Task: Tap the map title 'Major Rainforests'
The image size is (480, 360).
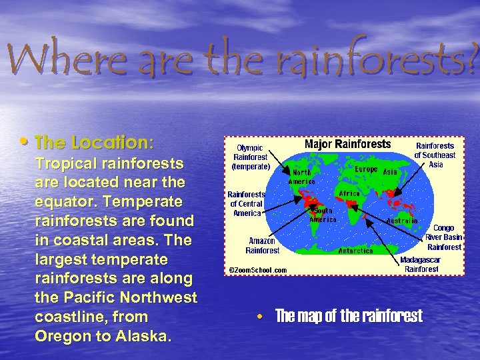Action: point(347,145)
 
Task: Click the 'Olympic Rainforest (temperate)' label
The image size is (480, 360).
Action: point(251,157)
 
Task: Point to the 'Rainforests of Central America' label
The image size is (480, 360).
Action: point(246,203)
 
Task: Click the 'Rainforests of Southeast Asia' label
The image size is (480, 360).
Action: point(435,155)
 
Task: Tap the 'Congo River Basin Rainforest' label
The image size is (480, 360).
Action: point(443,237)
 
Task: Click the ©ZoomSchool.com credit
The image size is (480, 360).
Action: point(258,270)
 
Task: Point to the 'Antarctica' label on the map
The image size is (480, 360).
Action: point(355,251)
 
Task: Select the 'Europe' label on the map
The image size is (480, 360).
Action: point(366,170)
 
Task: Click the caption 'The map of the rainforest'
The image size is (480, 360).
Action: point(348,316)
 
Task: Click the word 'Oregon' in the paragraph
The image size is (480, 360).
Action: point(61,337)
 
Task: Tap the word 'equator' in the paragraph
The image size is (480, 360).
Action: point(62,201)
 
